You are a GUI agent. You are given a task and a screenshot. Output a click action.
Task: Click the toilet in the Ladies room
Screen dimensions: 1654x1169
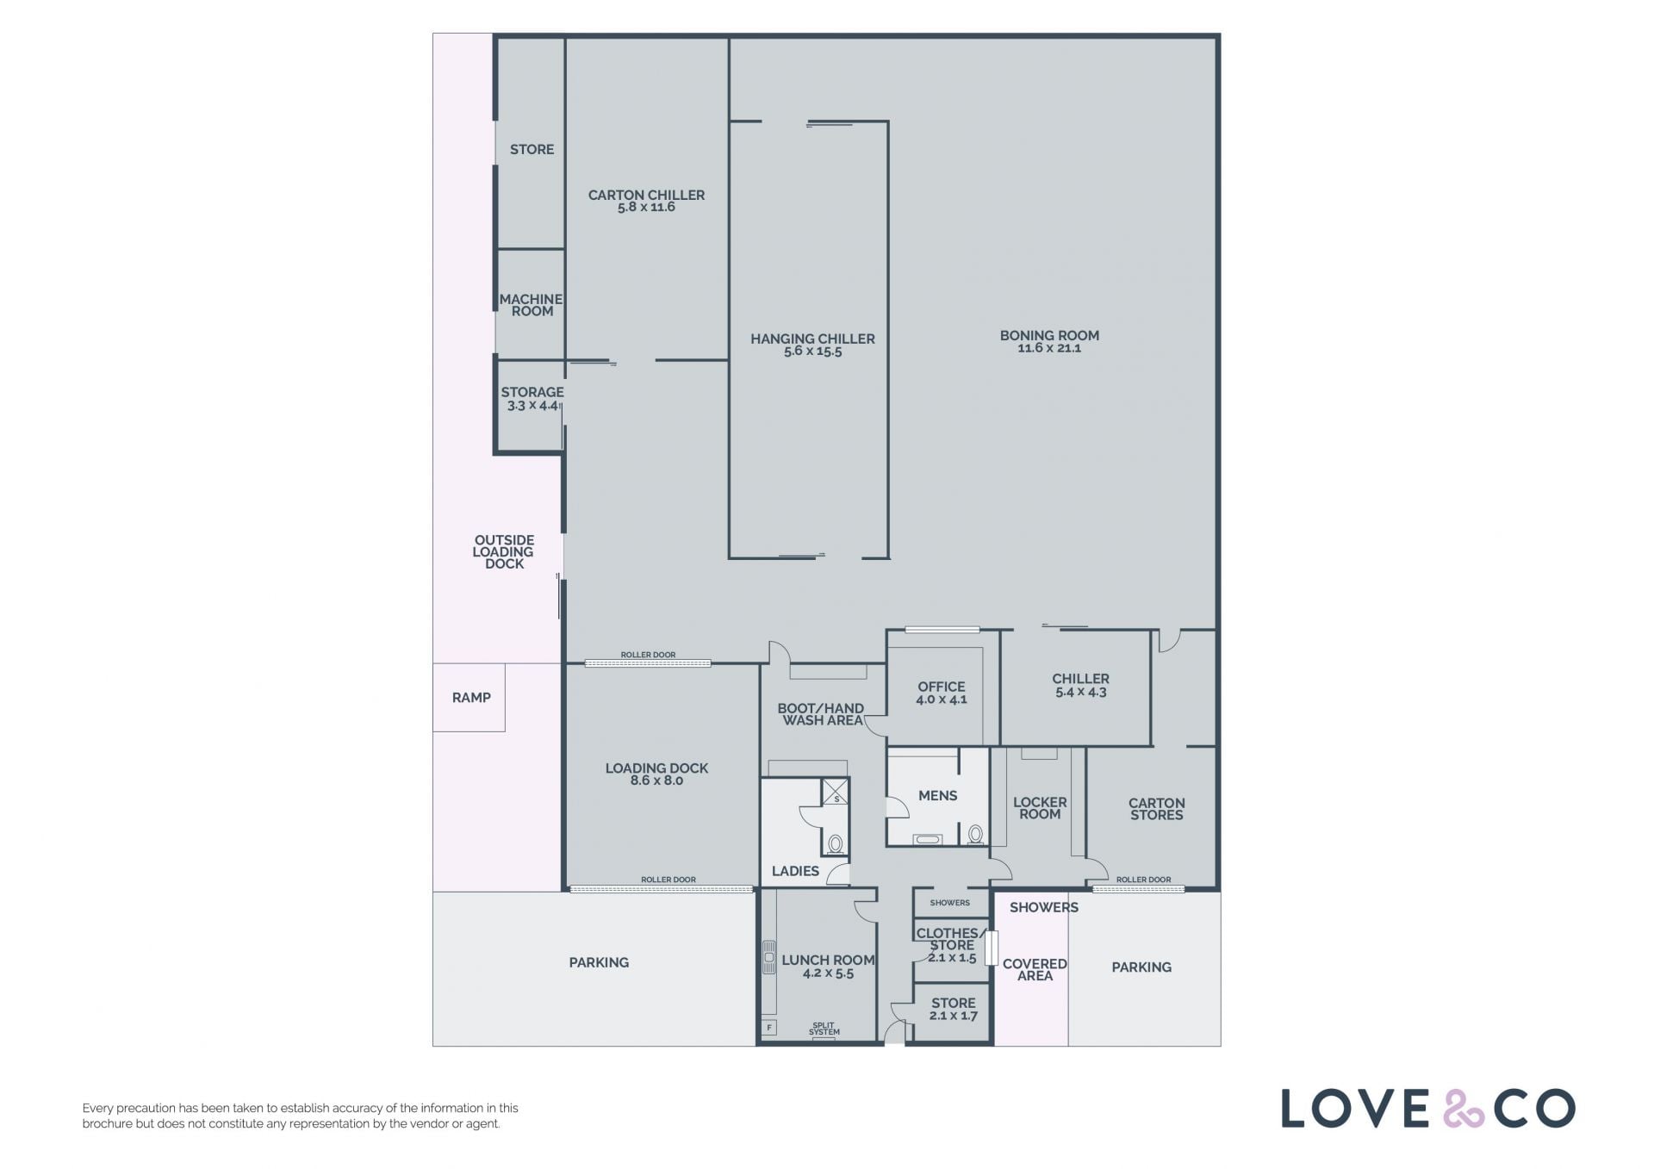click(x=835, y=843)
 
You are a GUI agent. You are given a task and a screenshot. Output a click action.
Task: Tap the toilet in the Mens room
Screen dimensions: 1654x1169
click(x=975, y=834)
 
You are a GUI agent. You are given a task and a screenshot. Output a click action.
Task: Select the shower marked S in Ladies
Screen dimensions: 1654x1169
click(x=835, y=792)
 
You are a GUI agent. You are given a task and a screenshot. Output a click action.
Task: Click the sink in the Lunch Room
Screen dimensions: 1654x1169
click(x=768, y=958)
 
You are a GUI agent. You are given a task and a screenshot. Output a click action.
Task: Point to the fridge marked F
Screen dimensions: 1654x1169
click(x=768, y=1027)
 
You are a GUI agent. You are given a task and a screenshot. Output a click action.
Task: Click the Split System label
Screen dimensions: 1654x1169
click(x=824, y=1029)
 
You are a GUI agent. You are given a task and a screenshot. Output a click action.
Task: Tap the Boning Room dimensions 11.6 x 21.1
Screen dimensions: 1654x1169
click(x=1049, y=348)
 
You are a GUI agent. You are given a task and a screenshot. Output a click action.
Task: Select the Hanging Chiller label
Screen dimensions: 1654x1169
click(x=812, y=339)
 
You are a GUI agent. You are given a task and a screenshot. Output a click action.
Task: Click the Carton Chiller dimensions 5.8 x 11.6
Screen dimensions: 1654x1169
click(x=646, y=207)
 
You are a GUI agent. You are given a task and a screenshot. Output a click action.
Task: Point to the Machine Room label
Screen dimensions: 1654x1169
click(x=532, y=305)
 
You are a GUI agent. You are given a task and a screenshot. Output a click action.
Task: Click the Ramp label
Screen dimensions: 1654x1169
click(x=471, y=698)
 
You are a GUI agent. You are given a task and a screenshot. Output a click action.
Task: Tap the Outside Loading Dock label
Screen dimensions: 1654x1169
click(x=504, y=552)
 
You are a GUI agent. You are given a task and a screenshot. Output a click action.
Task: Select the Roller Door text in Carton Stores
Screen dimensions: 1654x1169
click(x=1143, y=880)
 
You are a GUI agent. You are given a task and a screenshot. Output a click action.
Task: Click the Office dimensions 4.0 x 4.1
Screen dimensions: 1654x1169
click(x=942, y=700)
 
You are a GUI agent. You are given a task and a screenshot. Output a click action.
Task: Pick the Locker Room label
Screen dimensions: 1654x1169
click(x=1040, y=808)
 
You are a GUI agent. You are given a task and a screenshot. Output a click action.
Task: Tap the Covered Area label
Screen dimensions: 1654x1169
click(x=1035, y=970)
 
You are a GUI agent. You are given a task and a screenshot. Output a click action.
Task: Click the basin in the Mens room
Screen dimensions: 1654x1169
click(x=928, y=838)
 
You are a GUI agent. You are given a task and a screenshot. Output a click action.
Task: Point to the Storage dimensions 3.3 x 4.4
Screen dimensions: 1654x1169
click(x=533, y=405)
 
